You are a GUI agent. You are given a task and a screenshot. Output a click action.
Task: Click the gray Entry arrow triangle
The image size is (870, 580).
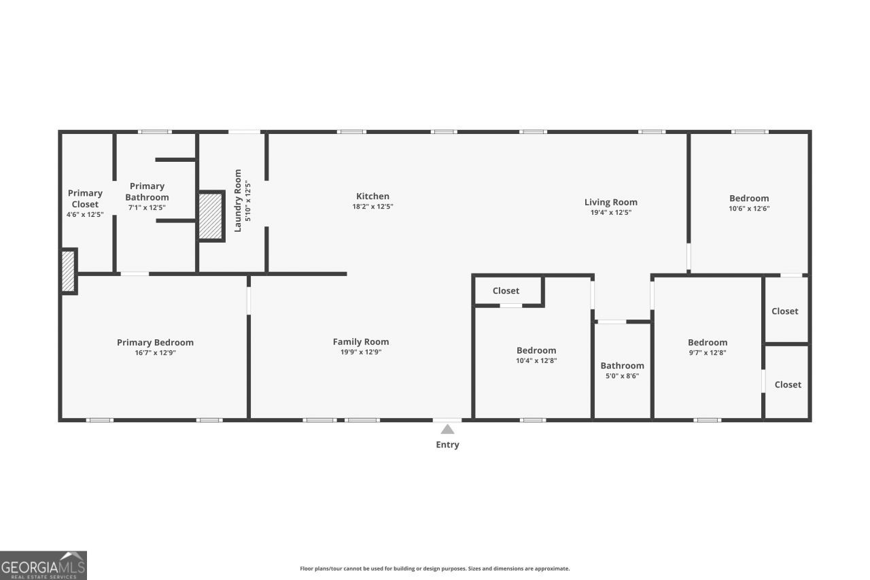click(447, 429)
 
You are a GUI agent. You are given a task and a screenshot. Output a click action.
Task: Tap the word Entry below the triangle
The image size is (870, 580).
click(447, 445)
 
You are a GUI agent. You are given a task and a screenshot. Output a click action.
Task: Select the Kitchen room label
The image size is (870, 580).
click(372, 197)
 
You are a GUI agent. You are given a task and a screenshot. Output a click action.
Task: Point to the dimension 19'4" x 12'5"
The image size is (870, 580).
click(611, 213)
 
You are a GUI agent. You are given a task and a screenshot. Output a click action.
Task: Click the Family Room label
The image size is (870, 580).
click(361, 342)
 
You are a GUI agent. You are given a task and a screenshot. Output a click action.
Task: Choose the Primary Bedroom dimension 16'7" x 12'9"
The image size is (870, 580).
click(156, 353)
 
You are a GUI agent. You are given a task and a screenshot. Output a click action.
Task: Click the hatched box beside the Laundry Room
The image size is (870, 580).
click(211, 216)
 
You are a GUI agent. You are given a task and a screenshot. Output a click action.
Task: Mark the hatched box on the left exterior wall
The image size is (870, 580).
click(69, 271)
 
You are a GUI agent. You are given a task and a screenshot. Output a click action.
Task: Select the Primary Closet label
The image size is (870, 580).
click(85, 199)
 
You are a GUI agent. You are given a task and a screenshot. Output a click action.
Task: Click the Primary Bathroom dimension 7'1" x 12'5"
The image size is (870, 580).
click(147, 207)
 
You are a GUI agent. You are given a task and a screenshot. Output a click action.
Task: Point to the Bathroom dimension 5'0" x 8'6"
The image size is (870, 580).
click(622, 376)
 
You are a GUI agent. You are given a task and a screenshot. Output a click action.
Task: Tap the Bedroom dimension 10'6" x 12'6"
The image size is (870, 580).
click(749, 209)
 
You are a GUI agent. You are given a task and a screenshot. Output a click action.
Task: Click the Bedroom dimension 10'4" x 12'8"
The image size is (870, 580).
click(536, 360)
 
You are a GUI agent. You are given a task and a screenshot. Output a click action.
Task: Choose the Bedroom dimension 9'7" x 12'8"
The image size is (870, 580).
click(708, 353)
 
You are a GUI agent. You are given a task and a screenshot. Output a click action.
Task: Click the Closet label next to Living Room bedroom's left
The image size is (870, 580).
click(506, 291)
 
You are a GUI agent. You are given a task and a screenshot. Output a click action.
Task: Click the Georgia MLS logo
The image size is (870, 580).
click(43, 565)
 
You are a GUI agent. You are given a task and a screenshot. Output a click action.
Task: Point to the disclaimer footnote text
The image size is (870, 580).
click(434, 568)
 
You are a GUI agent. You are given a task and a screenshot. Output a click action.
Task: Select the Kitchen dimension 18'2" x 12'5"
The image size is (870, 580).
click(372, 207)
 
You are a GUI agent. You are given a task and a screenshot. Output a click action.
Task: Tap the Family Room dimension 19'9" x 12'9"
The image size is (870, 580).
click(361, 352)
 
